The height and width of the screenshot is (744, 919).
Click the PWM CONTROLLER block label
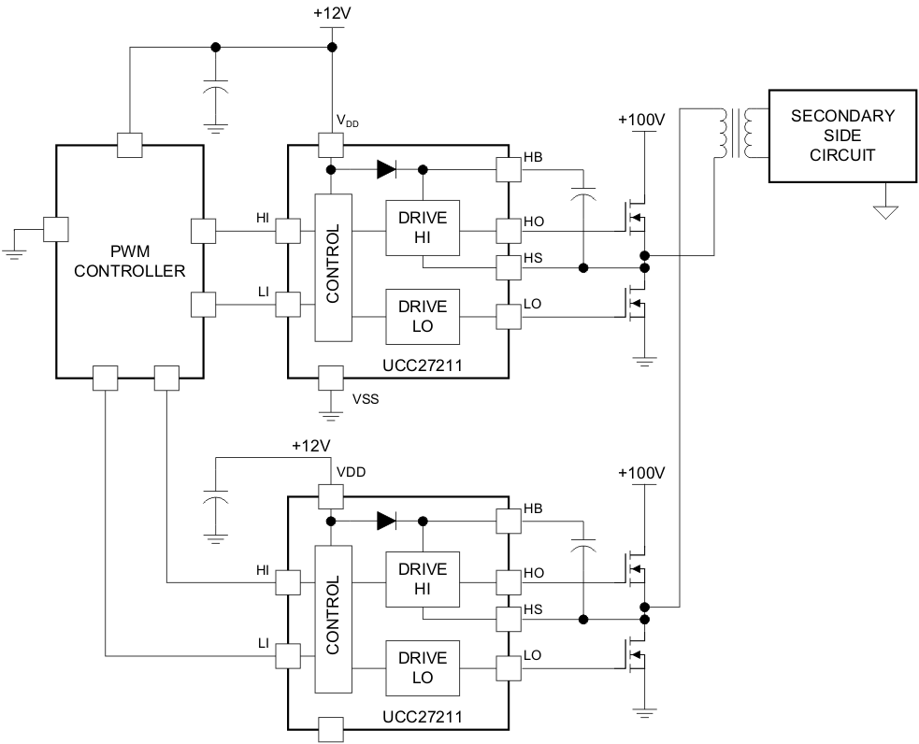[x=130, y=261]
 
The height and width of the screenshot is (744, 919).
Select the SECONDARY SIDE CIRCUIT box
[x=842, y=136]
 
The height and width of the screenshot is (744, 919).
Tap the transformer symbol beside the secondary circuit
[x=736, y=135]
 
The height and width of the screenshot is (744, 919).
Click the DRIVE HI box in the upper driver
[x=423, y=228]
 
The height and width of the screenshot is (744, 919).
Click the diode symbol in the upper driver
[x=386, y=170]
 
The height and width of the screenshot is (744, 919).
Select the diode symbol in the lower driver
[x=386, y=522]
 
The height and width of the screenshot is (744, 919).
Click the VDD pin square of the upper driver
[x=332, y=145]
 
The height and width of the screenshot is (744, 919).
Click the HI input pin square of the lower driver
[x=287, y=581]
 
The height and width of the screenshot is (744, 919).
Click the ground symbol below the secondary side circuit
[x=884, y=211]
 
